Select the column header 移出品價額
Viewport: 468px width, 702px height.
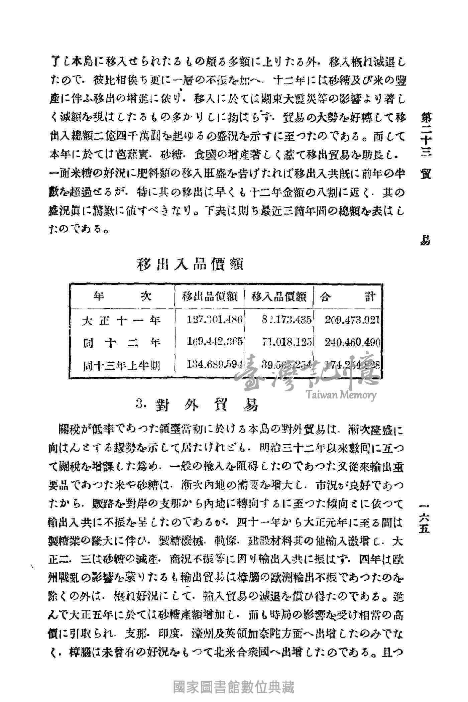[210, 297]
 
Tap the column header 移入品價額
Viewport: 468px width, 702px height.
[279, 297]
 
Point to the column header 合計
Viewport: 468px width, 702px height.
[348, 297]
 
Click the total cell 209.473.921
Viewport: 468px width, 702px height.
[352, 320]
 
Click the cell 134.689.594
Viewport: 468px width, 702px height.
[215, 365]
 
